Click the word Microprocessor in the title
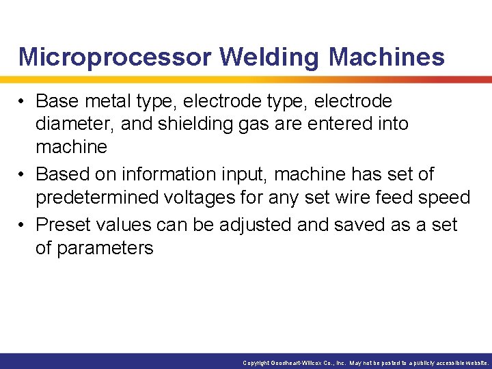tap(114, 57)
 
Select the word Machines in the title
tap(386, 57)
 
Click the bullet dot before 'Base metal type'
tap(23, 102)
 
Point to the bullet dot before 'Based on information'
tap(23, 175)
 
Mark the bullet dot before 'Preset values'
tap(23, 225)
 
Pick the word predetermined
tap(98, 198)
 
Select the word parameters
tap(105, 248)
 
